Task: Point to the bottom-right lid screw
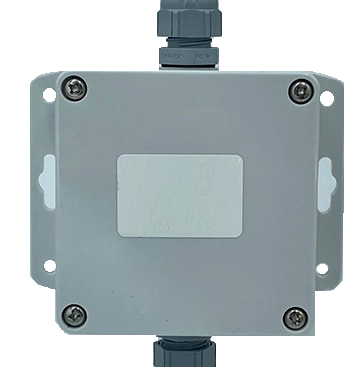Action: point(292,318)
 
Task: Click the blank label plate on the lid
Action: point(181,196)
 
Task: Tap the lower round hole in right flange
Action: point(322,267)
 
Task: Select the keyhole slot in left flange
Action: point(46,180)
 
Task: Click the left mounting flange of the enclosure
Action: point(43,180)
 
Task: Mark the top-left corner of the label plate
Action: point(120,156)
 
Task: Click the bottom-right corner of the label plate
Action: point(243,237)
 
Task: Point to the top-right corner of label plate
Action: point(243,156)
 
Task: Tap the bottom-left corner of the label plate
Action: point(120,237)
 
